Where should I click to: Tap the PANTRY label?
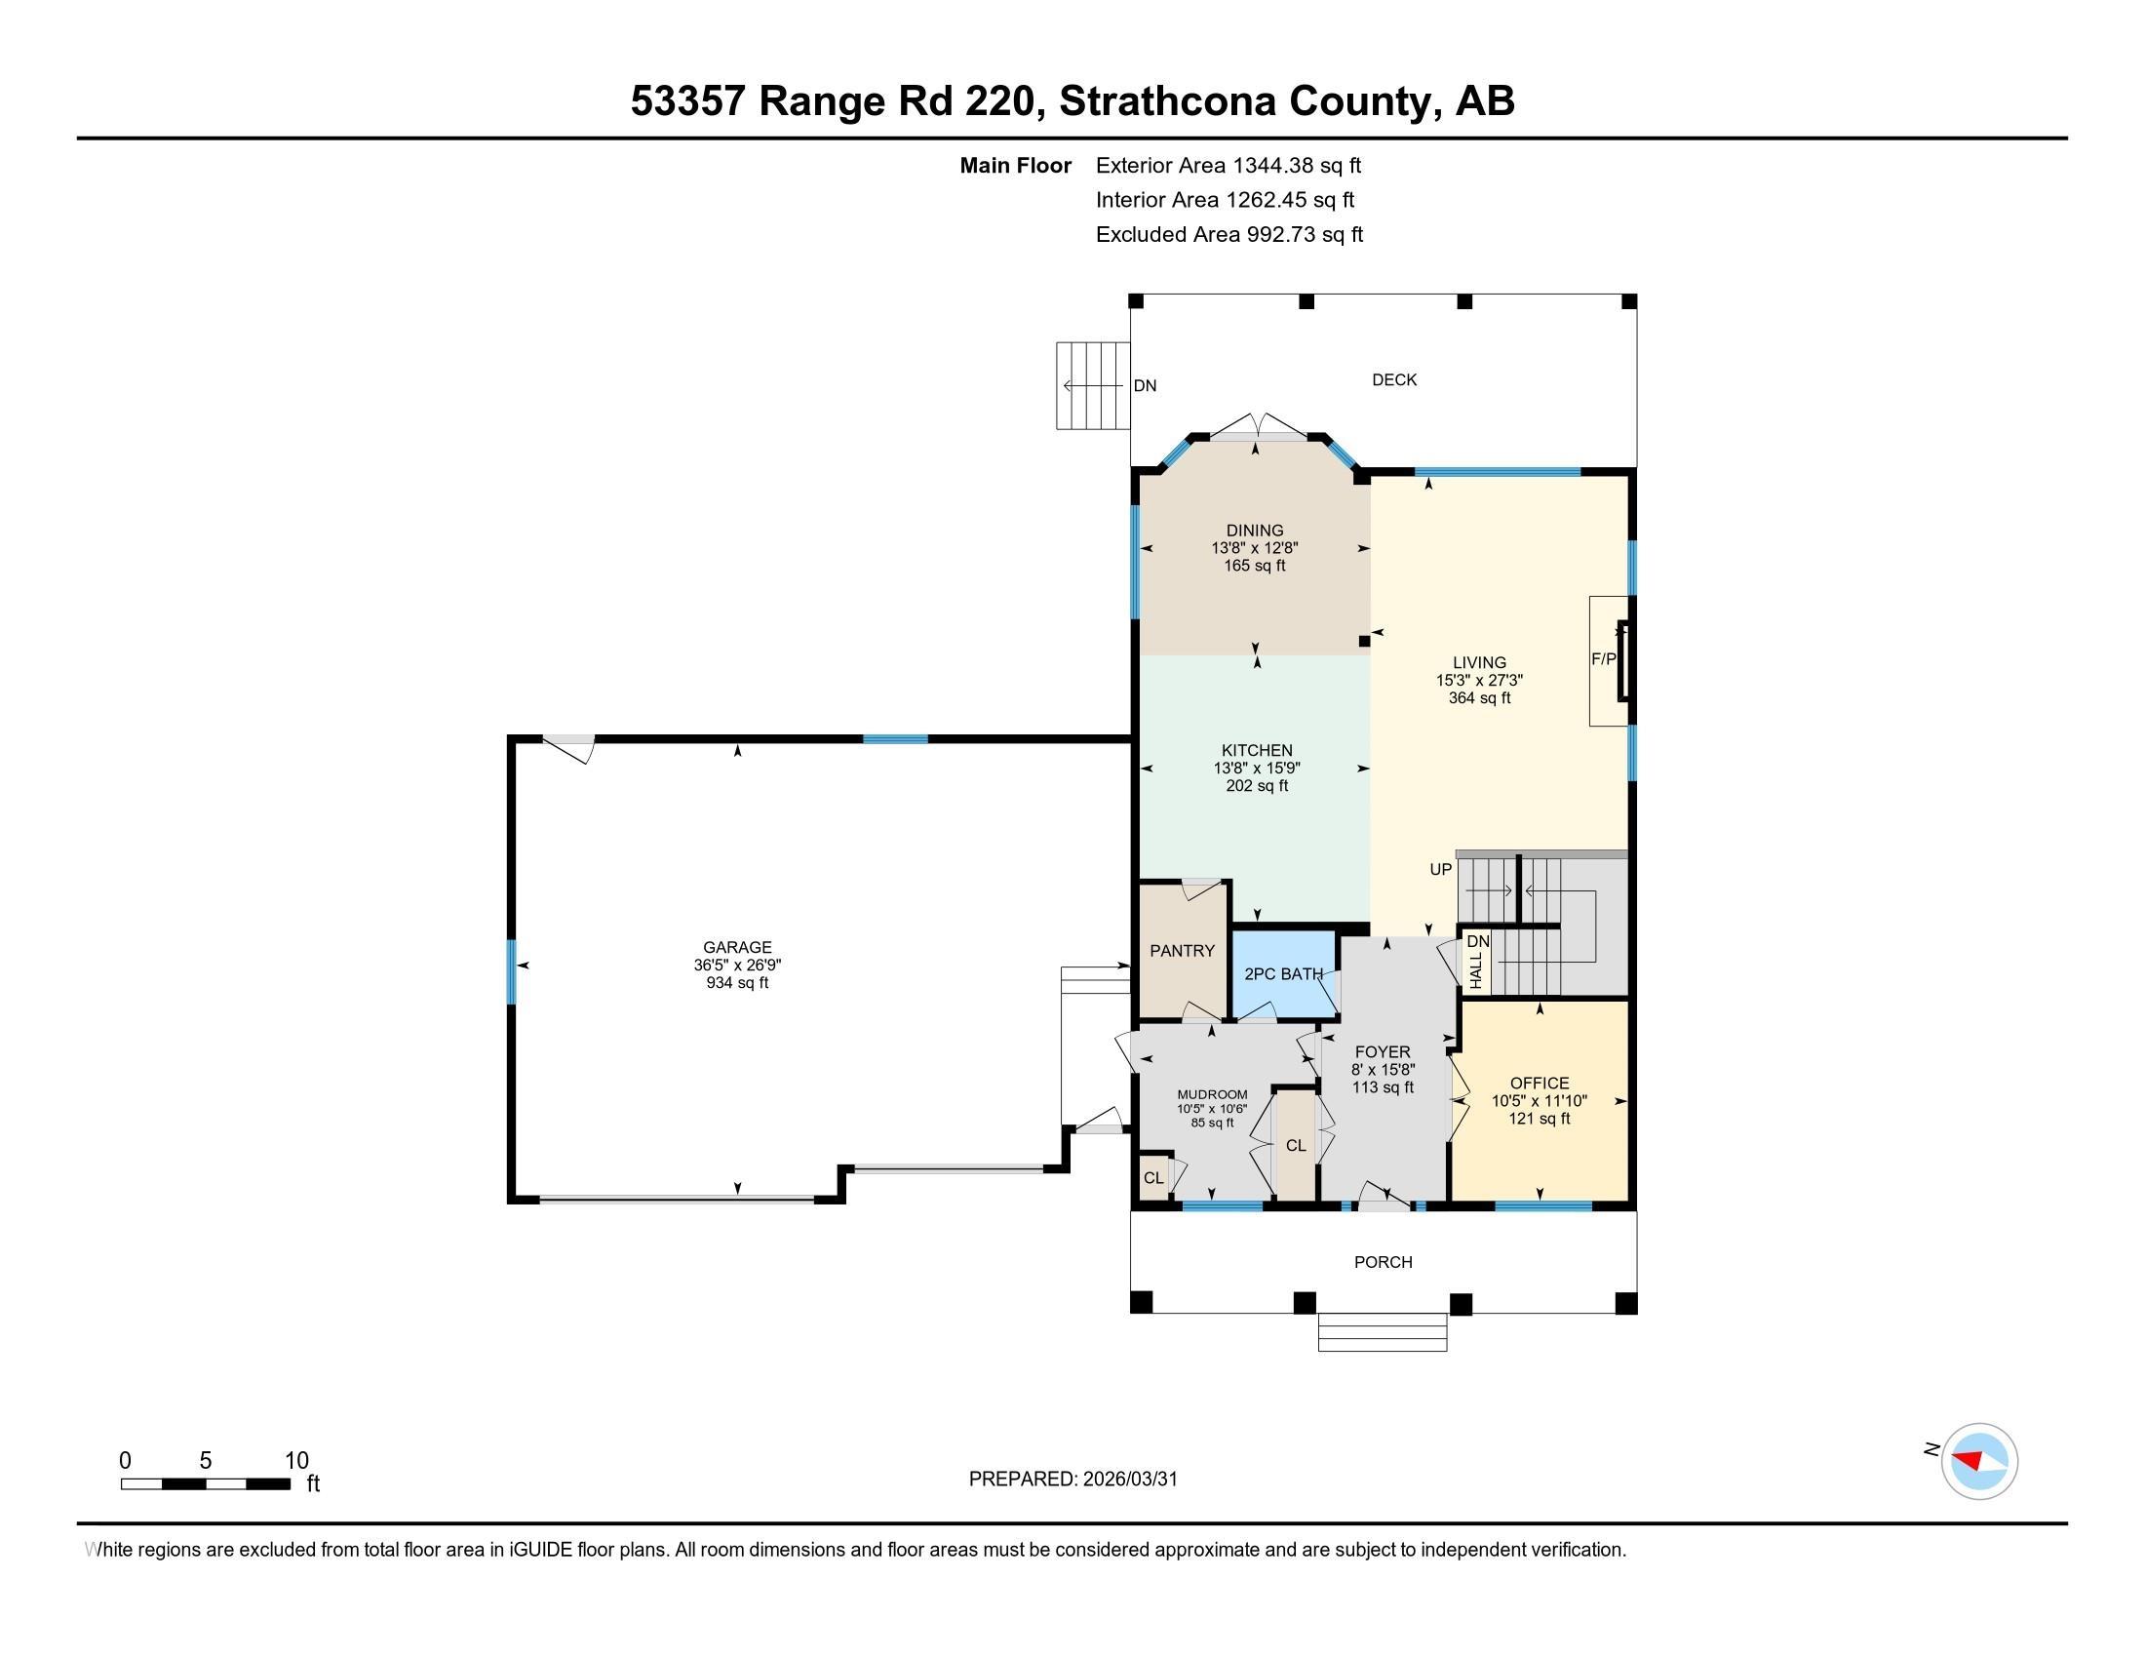[x=1182, y=951]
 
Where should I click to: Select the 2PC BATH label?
[x=1283, y=974]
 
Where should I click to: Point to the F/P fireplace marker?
[x=1603, y=659]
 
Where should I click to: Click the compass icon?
[x=1979, y=1461]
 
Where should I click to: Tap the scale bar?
[x=206, y=1483]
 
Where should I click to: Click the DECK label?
[x=1393, y=380]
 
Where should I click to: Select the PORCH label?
[x=1383, y=1262]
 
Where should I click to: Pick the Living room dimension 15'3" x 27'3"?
[x=1479, y=680]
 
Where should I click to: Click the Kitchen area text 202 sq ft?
[x=1257, y=786]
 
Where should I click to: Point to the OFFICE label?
[x=1539, y=1084]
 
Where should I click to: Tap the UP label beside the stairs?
[x=1440, y=869]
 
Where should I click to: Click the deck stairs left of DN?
[x=1092, y=386]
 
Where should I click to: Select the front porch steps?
[x=1382, y=1332]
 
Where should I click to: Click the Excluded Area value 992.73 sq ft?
[x=1305, y=235]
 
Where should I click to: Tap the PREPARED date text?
[x=1072, y=1480]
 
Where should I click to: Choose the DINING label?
[x=1254, y=531]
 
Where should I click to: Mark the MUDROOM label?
[x=1212, y=1094]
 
